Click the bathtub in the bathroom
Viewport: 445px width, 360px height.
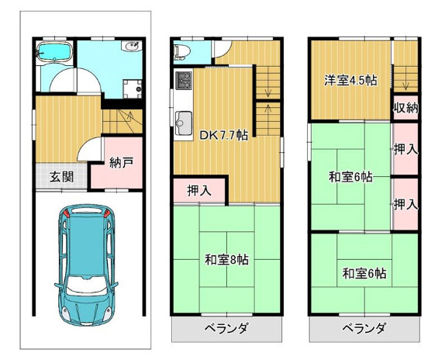(x=55, y=54)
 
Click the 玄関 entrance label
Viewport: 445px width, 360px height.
(x=61, y=176)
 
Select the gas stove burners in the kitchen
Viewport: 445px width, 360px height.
(x=185, y=80)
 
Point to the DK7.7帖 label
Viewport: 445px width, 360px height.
(x=224, y=134)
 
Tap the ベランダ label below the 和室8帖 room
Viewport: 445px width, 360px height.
(x=226, y=329)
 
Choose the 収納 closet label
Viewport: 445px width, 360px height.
(x=405, y=108)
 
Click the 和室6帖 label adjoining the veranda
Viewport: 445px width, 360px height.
(x=364, y=273)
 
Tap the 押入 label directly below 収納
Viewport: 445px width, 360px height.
(x=405, y=148)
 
